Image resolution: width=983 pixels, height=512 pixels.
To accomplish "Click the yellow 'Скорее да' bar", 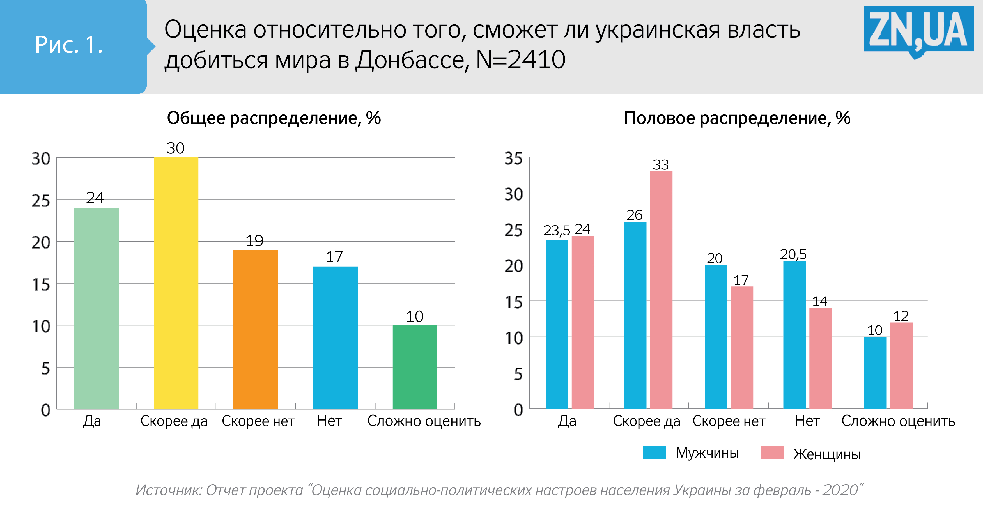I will tap(176, 283).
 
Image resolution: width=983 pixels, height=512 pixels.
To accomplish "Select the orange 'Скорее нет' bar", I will tap(255, 329).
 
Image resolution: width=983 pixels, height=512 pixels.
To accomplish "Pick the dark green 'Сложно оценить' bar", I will tap(415, 367).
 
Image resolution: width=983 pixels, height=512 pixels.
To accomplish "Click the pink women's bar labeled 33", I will tap(661, 290).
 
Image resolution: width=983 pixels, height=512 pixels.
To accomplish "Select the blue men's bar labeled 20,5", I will tap(794, 335).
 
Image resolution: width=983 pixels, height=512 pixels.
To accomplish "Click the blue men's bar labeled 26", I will tap(635, 315).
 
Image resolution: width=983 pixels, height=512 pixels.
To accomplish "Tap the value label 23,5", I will tap(556, 230).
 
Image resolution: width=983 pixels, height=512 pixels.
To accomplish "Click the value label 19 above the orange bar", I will tap(254, 241).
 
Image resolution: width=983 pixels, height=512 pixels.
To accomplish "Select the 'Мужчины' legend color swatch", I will tap(654, 453).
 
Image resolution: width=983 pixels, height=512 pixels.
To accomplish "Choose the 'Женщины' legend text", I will tap(826, 454).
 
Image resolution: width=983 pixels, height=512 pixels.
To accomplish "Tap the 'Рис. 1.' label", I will tap(69, 45).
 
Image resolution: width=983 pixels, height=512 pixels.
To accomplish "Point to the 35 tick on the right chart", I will tap(513, 158).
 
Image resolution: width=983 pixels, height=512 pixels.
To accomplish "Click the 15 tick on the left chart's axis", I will tap(41, 284).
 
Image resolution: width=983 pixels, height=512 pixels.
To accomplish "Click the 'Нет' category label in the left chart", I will tap(329, 421).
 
